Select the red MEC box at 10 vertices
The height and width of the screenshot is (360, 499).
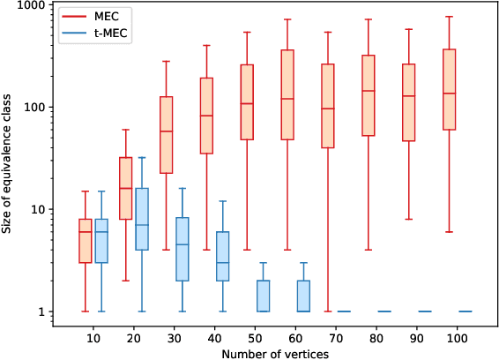86,240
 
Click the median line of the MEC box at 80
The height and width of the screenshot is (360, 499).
369,91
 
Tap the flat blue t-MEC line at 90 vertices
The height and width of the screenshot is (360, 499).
425,311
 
